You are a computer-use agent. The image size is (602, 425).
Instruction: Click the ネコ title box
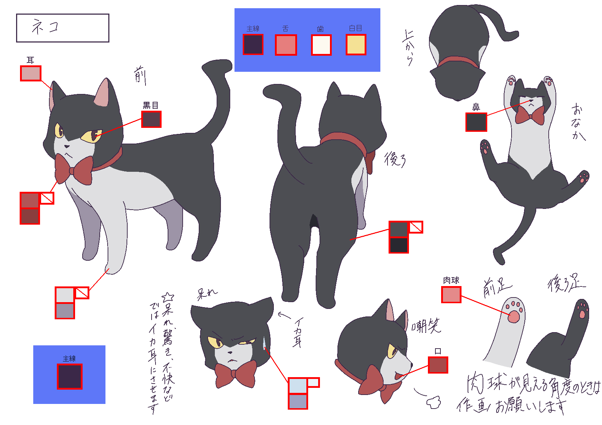(63, 28)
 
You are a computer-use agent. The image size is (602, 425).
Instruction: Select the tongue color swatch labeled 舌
(286, 45)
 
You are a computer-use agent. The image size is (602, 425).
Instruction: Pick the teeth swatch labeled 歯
(321, 45)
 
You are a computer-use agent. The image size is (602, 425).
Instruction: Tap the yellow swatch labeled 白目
(356, 45)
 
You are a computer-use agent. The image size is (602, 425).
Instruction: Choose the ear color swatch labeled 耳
(31, 74)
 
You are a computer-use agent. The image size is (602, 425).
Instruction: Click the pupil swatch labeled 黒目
(151, 119)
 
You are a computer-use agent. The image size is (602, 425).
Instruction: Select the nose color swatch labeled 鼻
(476, 122)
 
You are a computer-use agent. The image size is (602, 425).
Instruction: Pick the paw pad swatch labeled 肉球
(451, 295)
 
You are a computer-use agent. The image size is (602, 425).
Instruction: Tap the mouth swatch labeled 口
(438, 365)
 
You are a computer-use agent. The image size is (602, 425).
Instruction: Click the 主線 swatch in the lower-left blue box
(70, 376)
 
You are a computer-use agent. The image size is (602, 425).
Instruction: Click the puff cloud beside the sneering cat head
(434, 402)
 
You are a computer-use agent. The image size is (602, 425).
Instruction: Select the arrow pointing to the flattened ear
(285, 315)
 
